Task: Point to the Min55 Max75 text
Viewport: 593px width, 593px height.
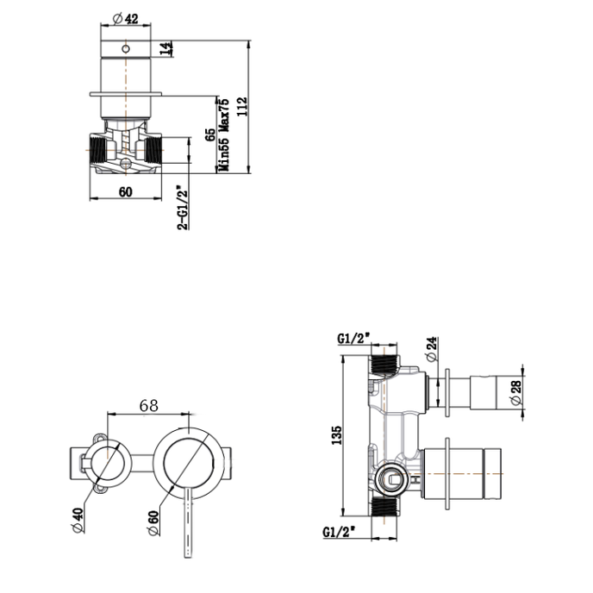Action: pyautogui.click(x=223, y=135)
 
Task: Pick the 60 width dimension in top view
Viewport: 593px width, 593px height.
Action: pyautogui.click(x=126, y=191)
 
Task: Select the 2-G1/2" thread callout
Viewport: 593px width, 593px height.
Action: pyautogui.click(x=182, y=207)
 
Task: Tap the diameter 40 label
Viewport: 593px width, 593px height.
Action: pyautogui.click(x=78, y=520)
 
